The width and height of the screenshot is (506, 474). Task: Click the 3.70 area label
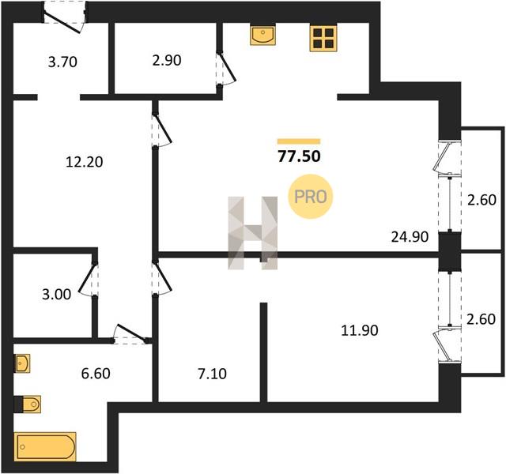tap(62, 62)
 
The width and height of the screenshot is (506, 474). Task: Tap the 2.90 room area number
tap(167, 61)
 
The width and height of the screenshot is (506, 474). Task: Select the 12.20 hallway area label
tap(85, 162)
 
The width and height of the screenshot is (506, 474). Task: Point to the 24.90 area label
tap(410, 237)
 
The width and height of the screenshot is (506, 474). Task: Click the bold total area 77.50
tap(299, 156)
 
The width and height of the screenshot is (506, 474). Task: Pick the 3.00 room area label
tap(56, 295)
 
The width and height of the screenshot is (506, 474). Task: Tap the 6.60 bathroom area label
tap(96, 374)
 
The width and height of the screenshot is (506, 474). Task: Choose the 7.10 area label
tap(212, 374)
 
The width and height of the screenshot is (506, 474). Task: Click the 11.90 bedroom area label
tap(360, 331)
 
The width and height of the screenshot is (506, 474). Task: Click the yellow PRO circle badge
tap(310, 197)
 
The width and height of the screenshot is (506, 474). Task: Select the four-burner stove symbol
tap(323, 38)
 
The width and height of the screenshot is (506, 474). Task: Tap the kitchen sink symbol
tap(263, 35)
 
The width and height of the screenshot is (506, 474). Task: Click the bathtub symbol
tap(45, 447)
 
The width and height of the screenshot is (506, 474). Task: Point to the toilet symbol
tap(28, 404)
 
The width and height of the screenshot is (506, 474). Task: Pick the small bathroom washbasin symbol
tap(22, 363)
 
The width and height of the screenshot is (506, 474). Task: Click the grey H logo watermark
tap(253, 233)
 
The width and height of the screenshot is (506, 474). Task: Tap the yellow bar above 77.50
tap(299, 141)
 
